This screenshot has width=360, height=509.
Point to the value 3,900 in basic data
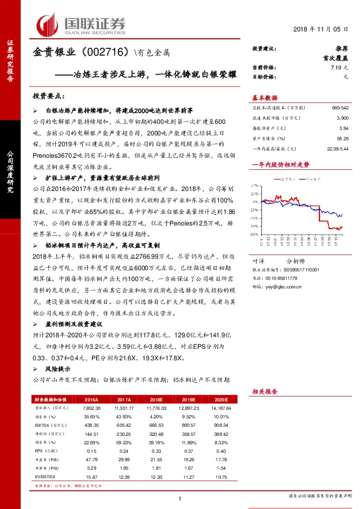[342, 118]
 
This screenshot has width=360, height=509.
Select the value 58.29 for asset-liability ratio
[343, 139]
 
